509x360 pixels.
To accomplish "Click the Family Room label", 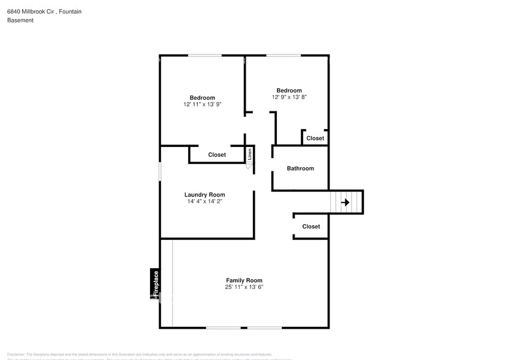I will [x=244, y=280].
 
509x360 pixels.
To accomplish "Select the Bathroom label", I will [x=300, y=168].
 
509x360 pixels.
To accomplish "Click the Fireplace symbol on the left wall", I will [x=156, y=284].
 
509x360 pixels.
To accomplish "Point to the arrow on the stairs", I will [x=345, y=202].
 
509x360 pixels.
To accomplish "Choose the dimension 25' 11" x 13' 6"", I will [x=244, y=287].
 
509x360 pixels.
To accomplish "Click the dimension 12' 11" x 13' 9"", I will [x=202, y=104].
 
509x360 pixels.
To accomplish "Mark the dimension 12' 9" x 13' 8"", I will [x=289, y=97].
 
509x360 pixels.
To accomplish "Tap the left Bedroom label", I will [x=202, y=98].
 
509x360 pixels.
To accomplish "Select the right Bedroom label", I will [x=289, y=91].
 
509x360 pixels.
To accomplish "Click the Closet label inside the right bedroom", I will [x=315, y=138].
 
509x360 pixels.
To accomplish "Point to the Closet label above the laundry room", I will [x=217, y=155].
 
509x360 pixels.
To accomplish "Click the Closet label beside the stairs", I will [x=311, y=227].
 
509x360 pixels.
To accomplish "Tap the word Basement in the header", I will [x=20, y=20].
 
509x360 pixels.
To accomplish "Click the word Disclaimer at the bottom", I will [x=16, y=354].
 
